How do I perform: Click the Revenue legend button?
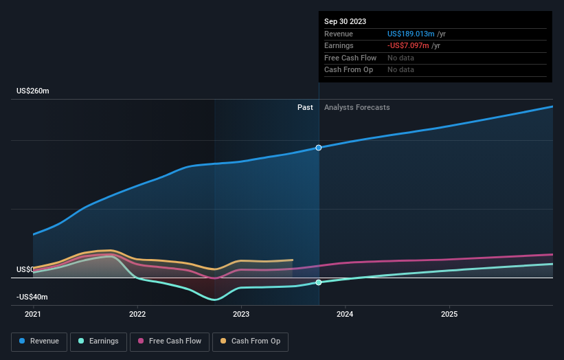(40, 341)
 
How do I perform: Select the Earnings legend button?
(98, 341)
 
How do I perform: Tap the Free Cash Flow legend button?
(170, 341)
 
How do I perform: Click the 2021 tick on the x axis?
(33, 315)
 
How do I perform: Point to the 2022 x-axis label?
(137, 315)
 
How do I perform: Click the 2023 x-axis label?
(241, 315)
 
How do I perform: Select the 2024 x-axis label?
(345, 315)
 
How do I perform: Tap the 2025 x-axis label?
(449, 315)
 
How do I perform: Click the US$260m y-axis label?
(33, 91)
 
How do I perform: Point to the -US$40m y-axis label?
(33, 297)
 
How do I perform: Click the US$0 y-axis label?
(25, 269)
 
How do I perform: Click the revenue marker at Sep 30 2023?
(319, 148)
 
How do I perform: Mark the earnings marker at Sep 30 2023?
(319, 282)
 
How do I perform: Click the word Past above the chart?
(305, 107)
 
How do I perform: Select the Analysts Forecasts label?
(357, 107)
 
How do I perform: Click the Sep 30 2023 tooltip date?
(345, 21)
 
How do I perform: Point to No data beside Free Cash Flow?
(401, 58)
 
